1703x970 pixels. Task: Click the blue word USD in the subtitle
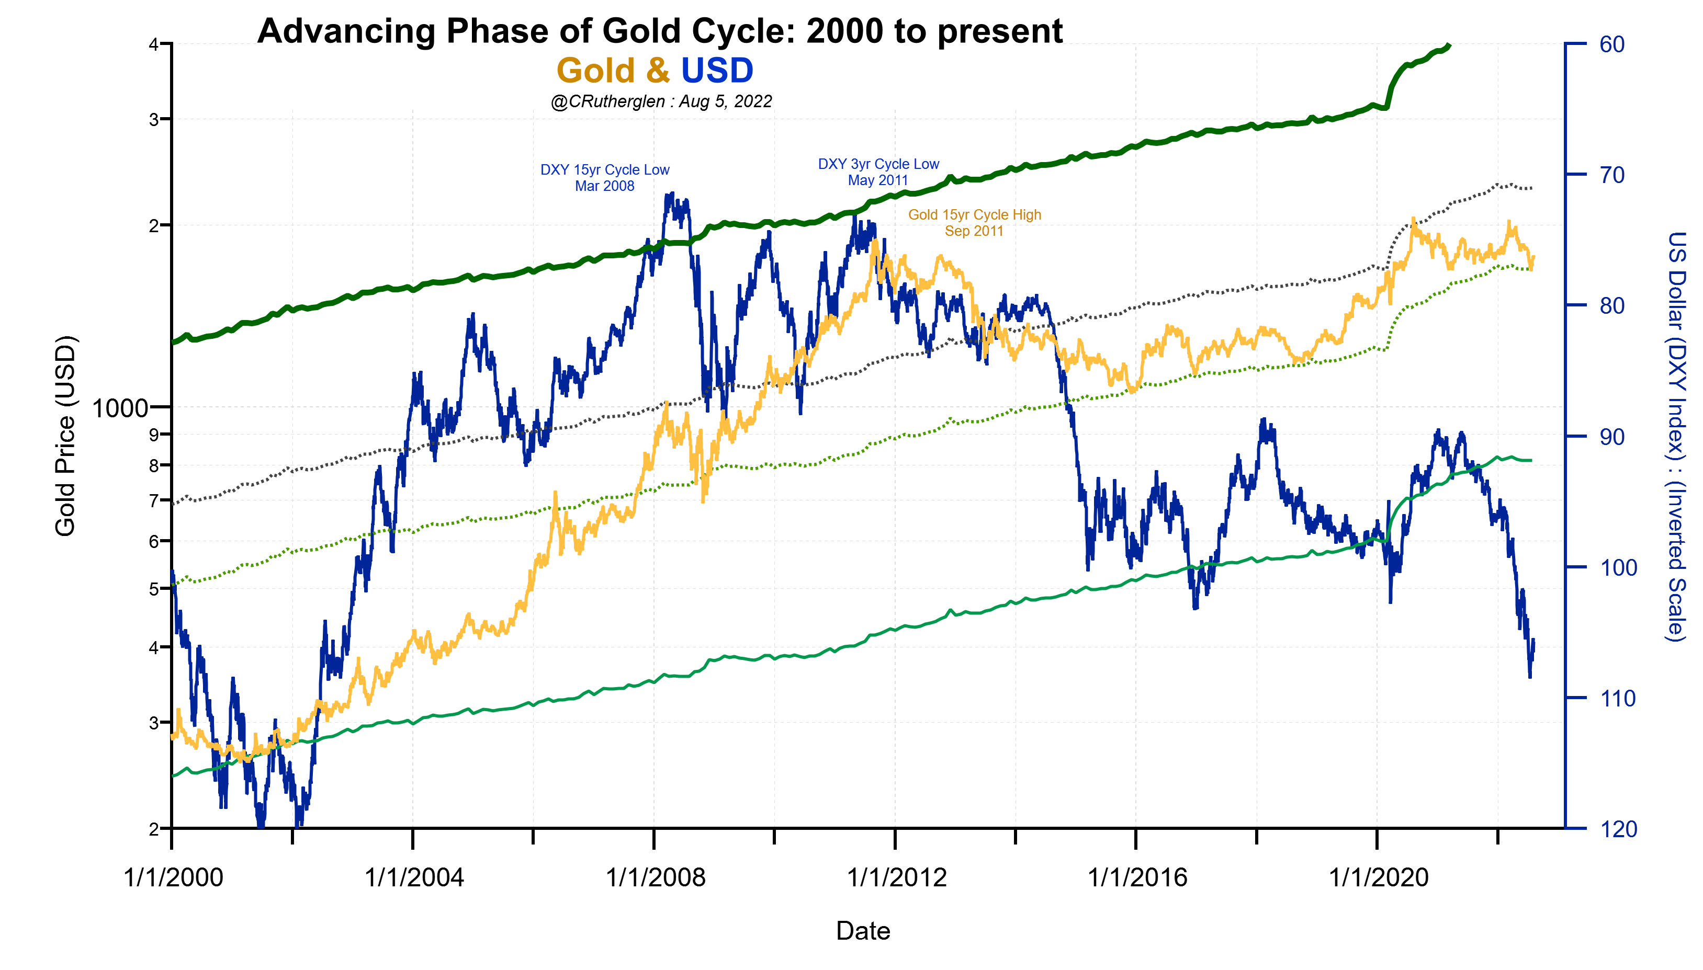[x=717, y=71]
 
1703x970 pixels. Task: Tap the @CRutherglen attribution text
[x=661, y=101]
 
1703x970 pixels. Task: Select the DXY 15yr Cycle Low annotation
[x=604, y=178]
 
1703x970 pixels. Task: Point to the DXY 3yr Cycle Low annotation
[x=878, y=172]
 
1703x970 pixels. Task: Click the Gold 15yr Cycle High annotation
[x=974, y=223]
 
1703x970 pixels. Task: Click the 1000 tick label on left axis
[x=119, y=408]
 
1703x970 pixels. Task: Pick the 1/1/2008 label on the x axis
[x=655, y=877]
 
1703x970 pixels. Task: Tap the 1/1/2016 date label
[x=1137, y=877]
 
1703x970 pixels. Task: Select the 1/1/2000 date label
[x=173, y=877]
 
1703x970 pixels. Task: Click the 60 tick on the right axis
[x=1611, y=44]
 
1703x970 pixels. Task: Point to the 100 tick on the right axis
[x=1617, y=567]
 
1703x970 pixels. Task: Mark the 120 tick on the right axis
[x=1617, y=829]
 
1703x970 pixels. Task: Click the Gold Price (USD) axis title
[x=65, y=436]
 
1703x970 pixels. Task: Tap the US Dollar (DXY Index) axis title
[x=1676, y=436]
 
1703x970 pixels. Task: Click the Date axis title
[x=863, y=931]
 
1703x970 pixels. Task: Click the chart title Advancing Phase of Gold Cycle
[x=659, y=31]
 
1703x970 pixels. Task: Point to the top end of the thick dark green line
[x=1448, y=45]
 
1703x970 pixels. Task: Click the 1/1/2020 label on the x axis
[x=1379, y=877]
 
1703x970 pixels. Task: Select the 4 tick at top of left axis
[x=153, y=44]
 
